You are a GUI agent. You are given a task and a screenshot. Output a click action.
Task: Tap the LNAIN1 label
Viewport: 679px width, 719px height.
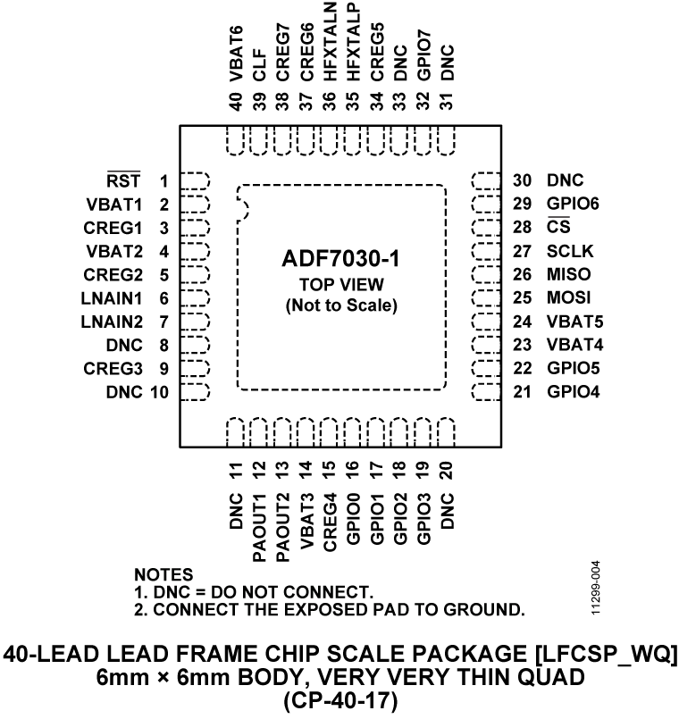tap(113, 297)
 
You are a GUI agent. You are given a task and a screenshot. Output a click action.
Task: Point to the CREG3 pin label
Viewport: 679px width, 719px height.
tap(114, 367)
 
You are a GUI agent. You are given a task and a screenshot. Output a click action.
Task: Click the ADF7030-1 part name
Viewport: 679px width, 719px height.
tap(340, 260)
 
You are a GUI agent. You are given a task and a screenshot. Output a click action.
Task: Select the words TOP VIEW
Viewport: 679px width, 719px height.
tap(340, 285)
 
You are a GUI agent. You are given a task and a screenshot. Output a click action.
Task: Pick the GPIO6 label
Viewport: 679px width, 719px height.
tap(573, 205)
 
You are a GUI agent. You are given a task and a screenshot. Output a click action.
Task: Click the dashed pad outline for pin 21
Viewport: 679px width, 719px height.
tap(485, 390)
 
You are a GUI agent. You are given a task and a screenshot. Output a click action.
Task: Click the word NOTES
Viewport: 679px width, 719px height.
tap(163, 574)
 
